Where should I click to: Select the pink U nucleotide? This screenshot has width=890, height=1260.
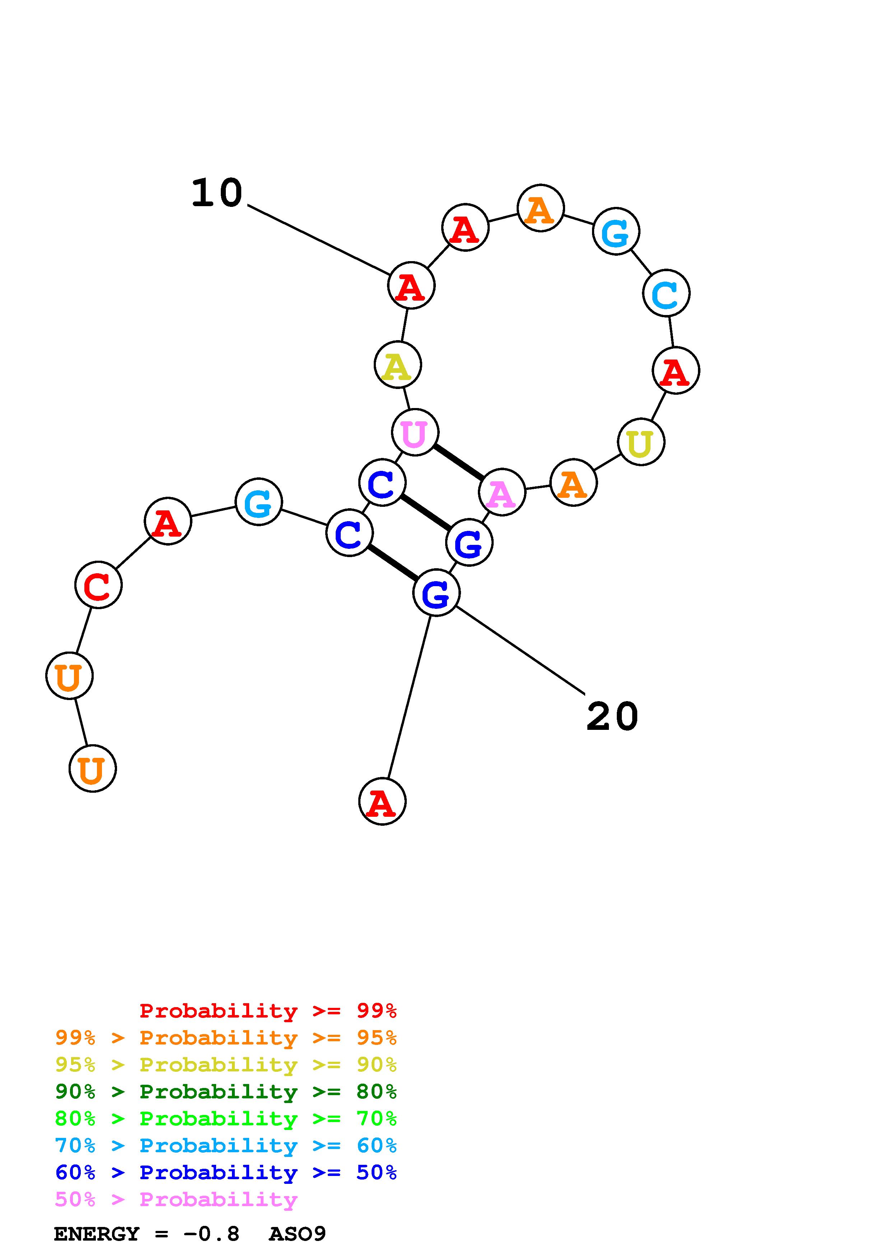415,432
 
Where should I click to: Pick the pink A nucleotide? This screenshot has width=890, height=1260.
502,492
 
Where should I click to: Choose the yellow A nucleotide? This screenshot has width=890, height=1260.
397,365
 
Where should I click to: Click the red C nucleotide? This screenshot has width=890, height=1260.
98,585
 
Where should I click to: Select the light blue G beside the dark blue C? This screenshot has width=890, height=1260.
258,502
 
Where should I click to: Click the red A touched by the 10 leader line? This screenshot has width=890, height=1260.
411,285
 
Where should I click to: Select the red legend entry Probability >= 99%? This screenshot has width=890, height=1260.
268,1010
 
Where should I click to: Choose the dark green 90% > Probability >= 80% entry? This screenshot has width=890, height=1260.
226,1092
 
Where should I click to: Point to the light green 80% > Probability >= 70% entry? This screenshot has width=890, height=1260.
226,1118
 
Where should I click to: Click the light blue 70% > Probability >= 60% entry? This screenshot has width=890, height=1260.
226,1145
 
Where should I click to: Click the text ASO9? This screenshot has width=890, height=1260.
297,1234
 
